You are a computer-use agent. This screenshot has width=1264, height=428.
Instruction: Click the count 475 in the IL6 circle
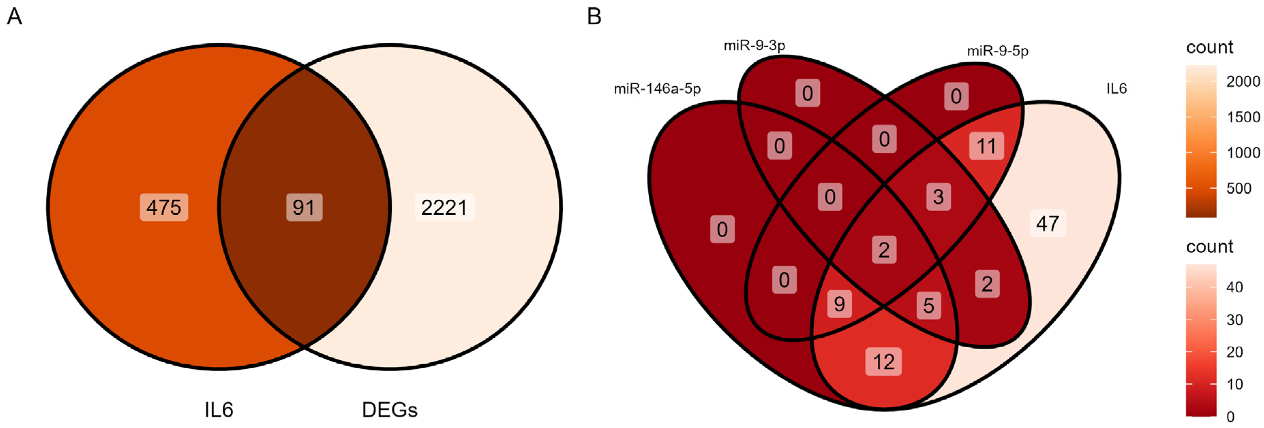coord(164,208)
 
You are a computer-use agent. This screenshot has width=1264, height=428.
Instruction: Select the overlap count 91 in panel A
coord(304,208)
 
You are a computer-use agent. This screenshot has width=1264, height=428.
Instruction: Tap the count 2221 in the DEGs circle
coord(444,208)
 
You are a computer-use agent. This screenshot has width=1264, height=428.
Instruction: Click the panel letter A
coord(14,17)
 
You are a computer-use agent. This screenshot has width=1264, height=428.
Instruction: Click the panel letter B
coord(594,17)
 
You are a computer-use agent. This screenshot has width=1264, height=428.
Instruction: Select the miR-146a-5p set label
coord(657,89)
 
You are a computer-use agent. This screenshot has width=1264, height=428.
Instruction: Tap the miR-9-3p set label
coord(754,46)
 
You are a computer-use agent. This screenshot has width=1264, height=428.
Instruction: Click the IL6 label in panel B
coord(1116,89)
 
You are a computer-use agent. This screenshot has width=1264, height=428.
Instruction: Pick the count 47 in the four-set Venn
coord(1048,224)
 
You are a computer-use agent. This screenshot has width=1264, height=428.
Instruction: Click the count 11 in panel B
coord(986,146)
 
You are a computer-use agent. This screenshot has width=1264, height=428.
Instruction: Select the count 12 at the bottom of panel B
coord(884,362)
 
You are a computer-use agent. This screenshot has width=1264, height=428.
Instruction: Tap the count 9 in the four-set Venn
coord(840,304)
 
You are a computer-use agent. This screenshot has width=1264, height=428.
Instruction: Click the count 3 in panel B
coord(938,197)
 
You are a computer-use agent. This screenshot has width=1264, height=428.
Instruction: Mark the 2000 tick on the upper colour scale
coord(1243,81)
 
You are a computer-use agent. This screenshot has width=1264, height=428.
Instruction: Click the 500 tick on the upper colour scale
coord(1238,188)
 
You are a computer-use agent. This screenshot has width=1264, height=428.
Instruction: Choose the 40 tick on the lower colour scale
coord(1235,287)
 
